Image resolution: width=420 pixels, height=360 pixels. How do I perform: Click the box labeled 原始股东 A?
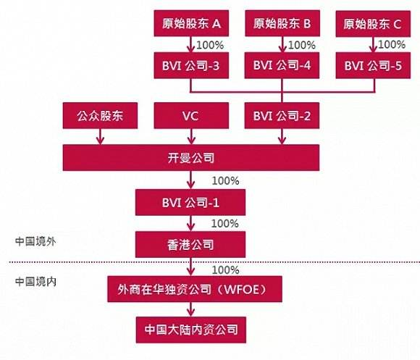coord(190,25)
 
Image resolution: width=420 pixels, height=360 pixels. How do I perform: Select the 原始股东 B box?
coord(282,25)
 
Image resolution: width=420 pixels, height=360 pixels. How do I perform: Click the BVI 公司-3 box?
coord(190,65)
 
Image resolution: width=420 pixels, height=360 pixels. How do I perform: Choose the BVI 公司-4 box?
coord(282,65)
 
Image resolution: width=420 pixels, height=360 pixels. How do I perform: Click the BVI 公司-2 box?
coord(282,115)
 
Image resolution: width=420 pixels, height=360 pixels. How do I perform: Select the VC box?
coord(190,115)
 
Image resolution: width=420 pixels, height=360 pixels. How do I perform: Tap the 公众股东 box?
coord(99,115)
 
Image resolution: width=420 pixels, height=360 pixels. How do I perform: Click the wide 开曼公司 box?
coord(190,156)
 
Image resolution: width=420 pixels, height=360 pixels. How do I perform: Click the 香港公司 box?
coord(190,243)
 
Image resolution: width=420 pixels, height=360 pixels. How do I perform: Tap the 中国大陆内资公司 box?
coord(190,330)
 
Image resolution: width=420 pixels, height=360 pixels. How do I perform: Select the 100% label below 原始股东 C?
coord(392,45)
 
